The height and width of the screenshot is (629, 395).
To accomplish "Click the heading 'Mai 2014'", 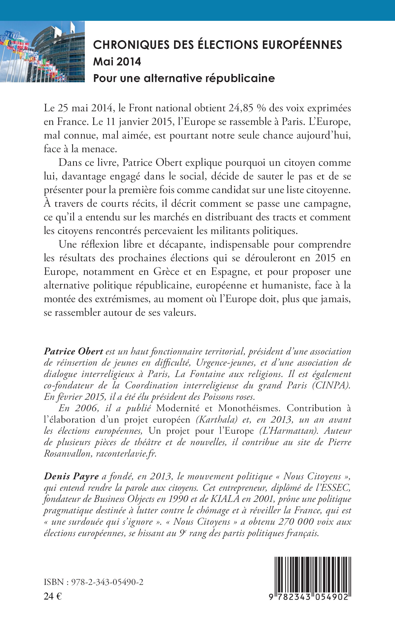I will pyautogui.click(x=117, y=62).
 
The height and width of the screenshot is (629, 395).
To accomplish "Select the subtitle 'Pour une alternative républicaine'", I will pyautogui.click(x=184, y=78).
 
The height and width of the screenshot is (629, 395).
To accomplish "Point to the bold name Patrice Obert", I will pyautogui.click(x=73, y=351).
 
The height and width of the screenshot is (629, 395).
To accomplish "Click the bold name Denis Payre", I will pyautogui.click(x=71, y=476).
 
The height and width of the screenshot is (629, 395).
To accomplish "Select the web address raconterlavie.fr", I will pyautogui.click(x=126, y=454).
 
